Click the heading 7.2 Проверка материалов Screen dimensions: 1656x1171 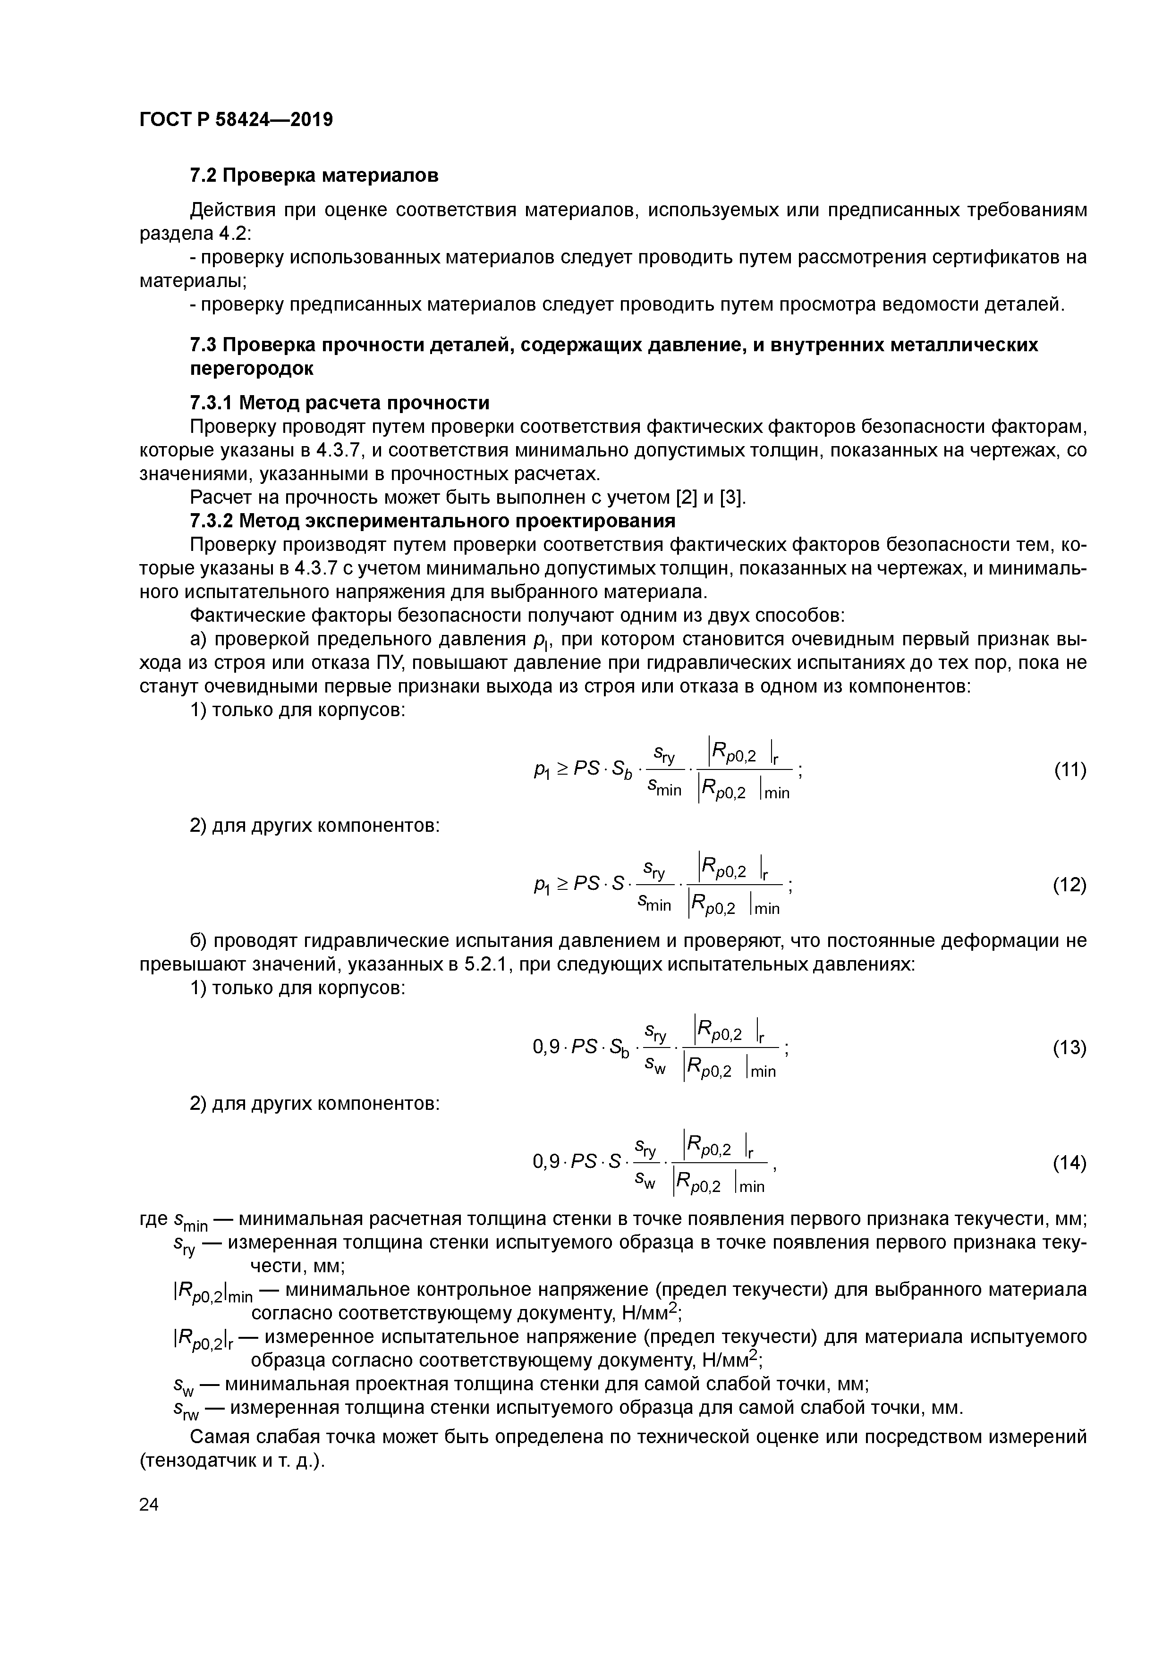[x=314, y=175]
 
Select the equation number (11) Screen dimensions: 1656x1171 [x=1070, y=769]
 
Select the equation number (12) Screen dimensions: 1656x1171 [x=1070, y=885]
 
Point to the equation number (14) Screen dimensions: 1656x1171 [x=1070, y=1163]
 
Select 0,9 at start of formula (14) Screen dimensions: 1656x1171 [x=546, y=1163]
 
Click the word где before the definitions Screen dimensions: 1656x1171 [x=154, y=1219]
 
